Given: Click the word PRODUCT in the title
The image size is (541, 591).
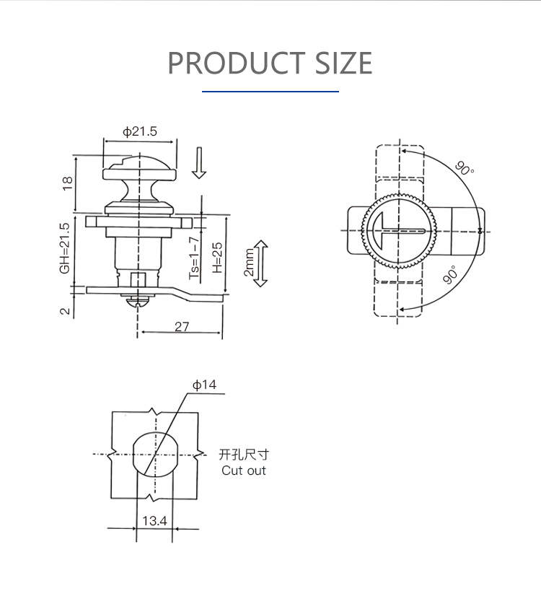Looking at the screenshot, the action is (236, 63).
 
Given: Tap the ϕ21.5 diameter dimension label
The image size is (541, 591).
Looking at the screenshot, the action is (140, 131).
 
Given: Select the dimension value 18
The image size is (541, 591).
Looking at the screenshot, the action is (67, 183).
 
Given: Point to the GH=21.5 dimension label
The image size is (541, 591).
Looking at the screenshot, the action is (65, 248).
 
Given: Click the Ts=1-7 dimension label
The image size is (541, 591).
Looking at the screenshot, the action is (193, 258).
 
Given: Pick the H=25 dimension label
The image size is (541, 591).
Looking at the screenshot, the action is (217, 258).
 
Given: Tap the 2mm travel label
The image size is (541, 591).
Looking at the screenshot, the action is (250, 263).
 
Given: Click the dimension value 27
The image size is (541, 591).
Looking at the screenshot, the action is (182, 326).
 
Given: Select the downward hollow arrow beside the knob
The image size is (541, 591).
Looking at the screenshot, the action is (199, 163).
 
